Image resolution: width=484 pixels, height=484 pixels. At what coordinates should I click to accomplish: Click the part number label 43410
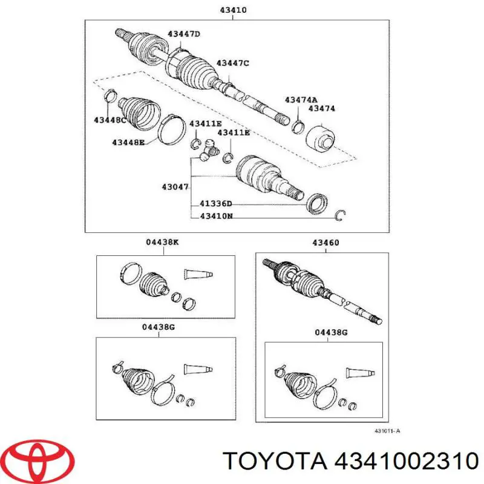pos(233,10)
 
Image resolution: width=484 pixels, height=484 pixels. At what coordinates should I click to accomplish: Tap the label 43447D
pos(184,34)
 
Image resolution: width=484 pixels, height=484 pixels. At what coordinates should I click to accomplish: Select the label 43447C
pos(232,63)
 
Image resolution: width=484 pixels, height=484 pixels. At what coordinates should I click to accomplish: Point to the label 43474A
pos(301,100)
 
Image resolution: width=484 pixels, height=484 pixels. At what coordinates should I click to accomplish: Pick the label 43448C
pos(110,120)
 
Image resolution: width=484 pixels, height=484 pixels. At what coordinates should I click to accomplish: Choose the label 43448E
pos(128,142)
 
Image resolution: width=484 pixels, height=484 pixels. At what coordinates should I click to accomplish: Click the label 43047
pos(175,187)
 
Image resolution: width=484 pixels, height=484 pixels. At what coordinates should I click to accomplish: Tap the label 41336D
pos(216,204)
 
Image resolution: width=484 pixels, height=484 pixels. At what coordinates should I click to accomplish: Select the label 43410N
pos(217,216)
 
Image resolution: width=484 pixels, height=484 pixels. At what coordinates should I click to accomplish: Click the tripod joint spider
pos(208,151)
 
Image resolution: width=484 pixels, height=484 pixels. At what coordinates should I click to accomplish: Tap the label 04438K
pos(162,243)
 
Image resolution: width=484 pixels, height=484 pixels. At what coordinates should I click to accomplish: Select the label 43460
pos(325,243)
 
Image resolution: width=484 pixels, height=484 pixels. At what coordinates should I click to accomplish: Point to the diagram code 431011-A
pos(387,431)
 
